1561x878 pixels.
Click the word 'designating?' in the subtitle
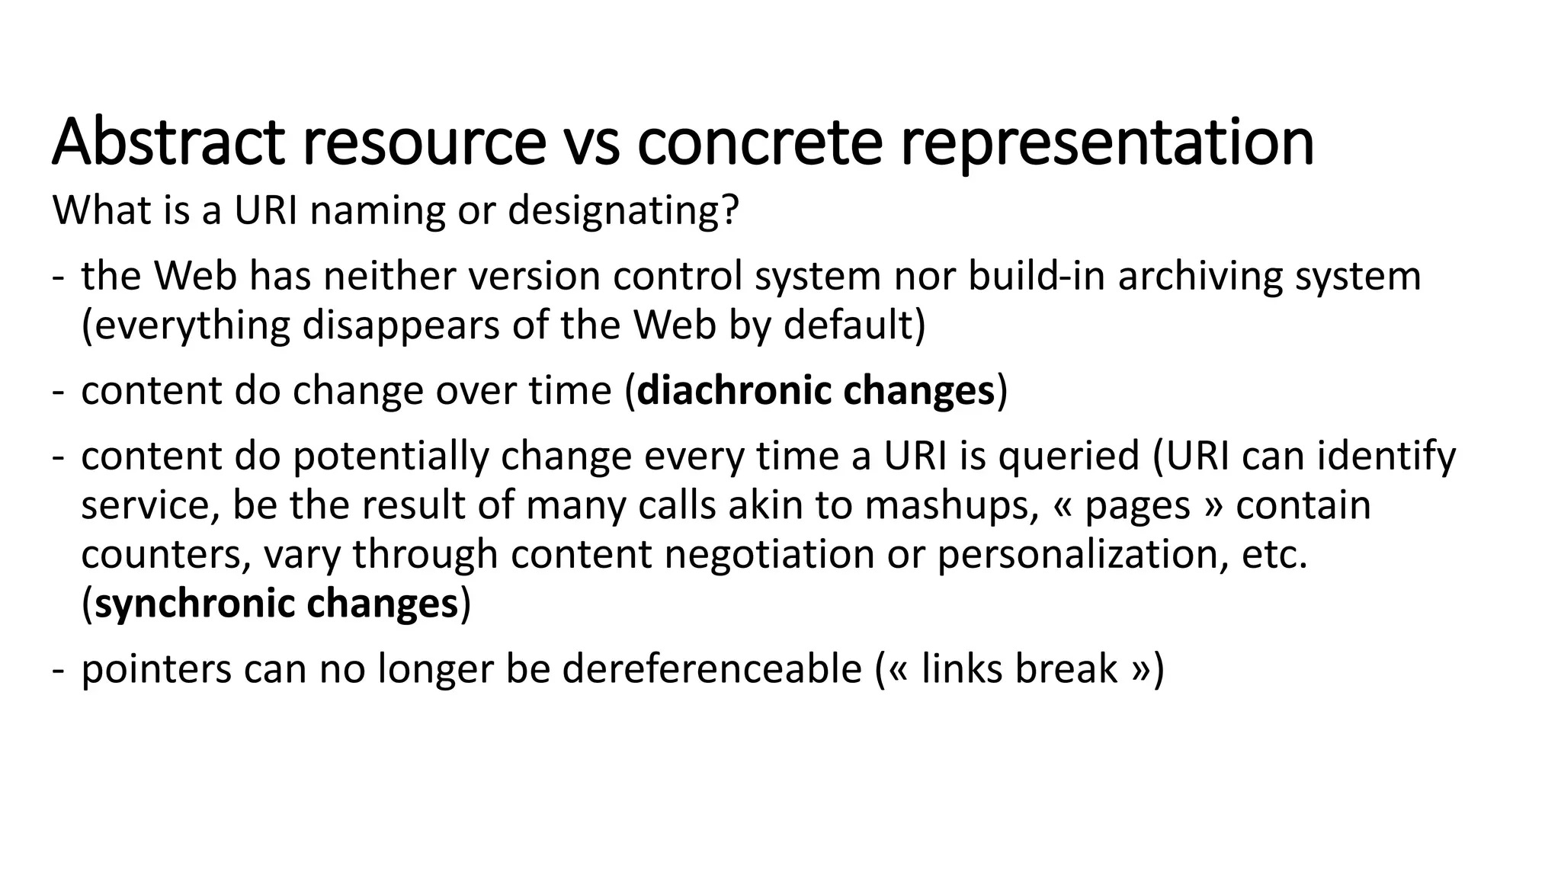(x=623, y=210)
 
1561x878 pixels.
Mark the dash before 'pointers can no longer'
(x=58, y=668)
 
